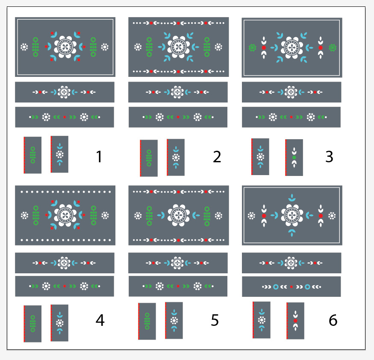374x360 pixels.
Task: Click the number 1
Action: tap(99, 157)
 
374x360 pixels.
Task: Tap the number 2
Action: tap(217, 157)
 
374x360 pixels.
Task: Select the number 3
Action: tap(329, 157)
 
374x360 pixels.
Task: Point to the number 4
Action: tap(100, 320)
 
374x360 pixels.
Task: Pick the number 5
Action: tap(215, 320)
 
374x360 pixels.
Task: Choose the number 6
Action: tap(333, 320)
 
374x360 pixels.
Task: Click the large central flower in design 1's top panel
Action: tap(65, 47)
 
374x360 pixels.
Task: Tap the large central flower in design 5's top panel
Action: tap(178, 216)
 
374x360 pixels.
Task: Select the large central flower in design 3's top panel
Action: tap(292, 47)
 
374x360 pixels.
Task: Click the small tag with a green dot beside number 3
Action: tap(294, 158)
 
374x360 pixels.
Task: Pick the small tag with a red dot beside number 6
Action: tap(295, 320)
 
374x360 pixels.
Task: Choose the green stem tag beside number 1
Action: tap(32, 155)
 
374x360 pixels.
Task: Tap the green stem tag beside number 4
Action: tap(32, 324)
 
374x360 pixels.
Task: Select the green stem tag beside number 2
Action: tap(149, 158)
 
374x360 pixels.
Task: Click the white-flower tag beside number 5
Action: tap(174, 320)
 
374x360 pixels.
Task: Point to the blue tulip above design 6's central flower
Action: tap(292, 198)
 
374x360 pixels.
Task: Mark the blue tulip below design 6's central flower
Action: tap(292, 232)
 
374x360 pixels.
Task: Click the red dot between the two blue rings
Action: tap(292, 287)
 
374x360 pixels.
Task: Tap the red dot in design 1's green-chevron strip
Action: tap(65, 117)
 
